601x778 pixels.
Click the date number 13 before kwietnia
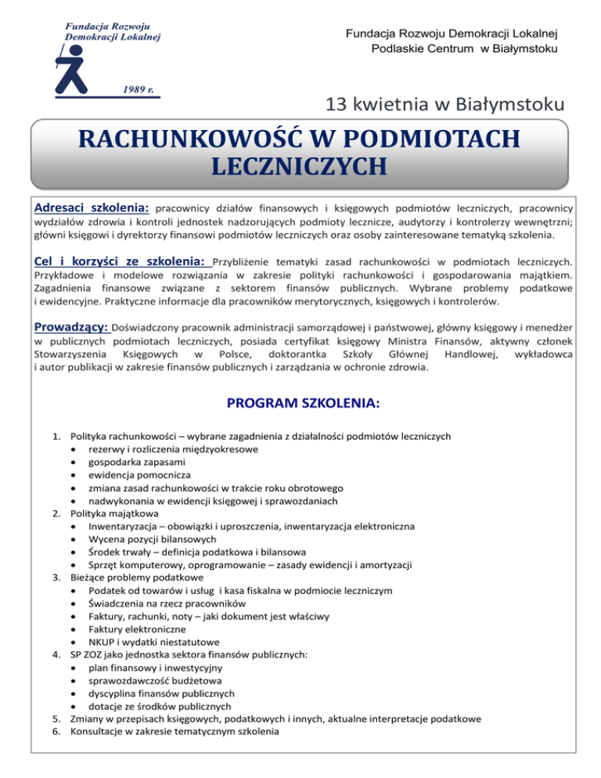point(336,103)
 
